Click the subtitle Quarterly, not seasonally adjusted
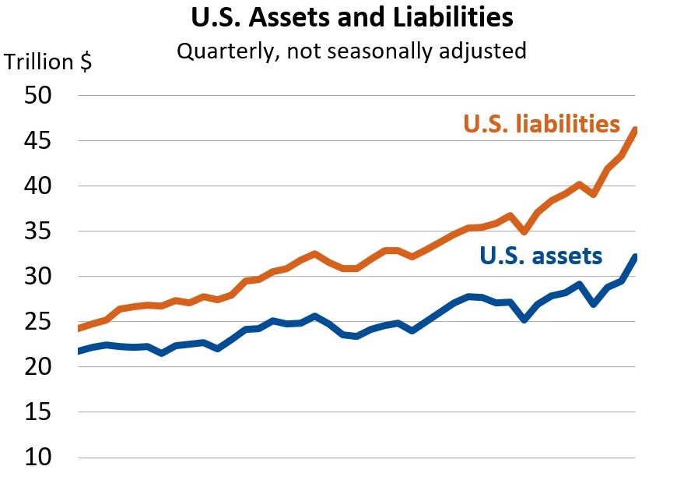(351, 51)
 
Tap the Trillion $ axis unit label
(48, 62)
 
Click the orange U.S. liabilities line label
(542, 124)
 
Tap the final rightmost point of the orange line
(636, 130)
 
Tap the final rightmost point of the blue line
(636, 257)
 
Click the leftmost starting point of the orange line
(79, 328)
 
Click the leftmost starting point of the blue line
(79, 351)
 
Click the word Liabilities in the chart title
(454, 17)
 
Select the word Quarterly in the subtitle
(219, 51)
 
